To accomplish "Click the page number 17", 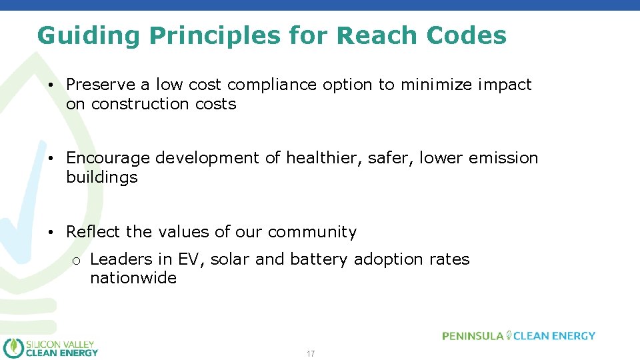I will click(311, 353).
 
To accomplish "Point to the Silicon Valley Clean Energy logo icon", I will click(13, 347).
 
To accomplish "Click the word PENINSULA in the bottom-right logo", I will click(473, 336).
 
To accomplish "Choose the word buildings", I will click(101, 177).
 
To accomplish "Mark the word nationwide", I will click(133, 278).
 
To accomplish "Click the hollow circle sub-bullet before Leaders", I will click(77, 261).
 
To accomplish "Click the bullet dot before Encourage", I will click(51, 159).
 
